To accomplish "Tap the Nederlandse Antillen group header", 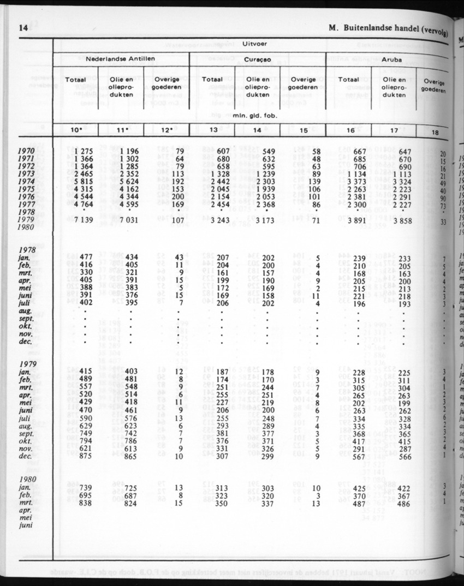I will click(x=121, y=58).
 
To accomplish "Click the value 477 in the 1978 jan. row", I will click(x=85, y=257).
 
